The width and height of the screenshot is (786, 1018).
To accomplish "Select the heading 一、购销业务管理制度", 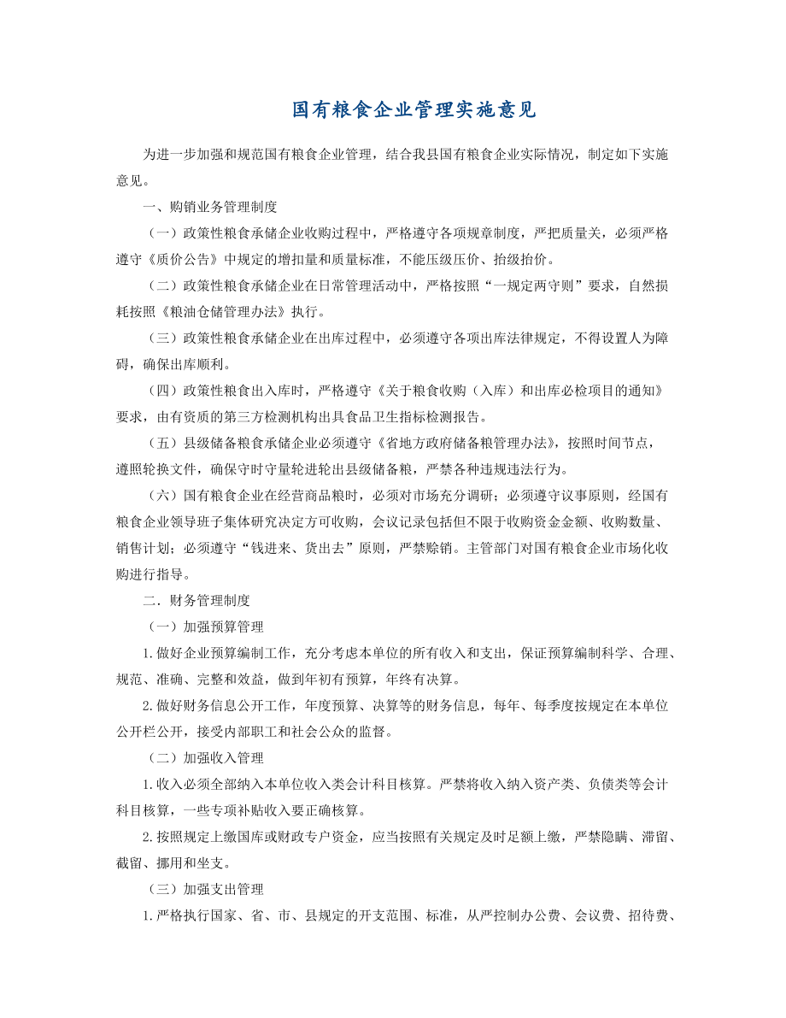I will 209,206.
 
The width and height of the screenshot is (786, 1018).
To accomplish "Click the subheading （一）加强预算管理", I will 205,627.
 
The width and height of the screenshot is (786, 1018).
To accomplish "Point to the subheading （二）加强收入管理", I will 205,757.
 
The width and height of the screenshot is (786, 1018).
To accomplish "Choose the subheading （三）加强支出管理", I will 205,889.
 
